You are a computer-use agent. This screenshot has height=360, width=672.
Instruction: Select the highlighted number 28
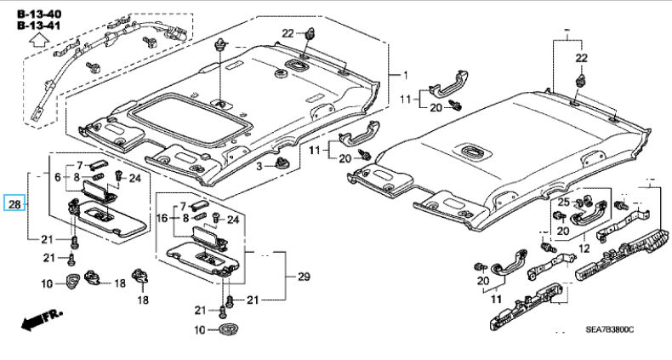pyautogui.click(x=16, y=204)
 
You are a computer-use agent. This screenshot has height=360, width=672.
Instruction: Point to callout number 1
pyautogui.click(x=405, y=75)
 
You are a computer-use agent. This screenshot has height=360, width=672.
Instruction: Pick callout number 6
pyautogui.click(x=59, y=177)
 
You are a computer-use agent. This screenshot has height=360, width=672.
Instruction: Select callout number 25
pyautogui.click(x=563, y=202)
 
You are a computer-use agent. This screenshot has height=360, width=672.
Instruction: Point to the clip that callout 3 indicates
pyautogui.click(x=282, y=162)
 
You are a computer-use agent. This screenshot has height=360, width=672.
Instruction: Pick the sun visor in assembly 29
pyautogui.click(x=197, y=254)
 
